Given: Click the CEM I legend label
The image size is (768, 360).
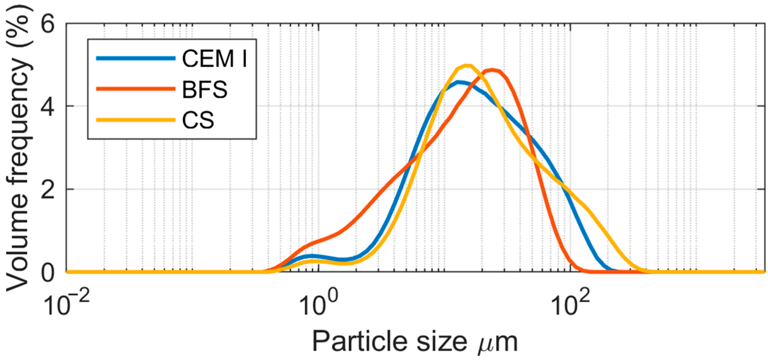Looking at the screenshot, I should coord(214,59).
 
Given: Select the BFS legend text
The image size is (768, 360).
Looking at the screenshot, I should coord(205,89).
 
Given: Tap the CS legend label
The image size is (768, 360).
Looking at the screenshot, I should coord(198,120).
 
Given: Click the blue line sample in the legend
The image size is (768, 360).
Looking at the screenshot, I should coord(136,58).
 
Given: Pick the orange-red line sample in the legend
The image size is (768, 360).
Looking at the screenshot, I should coord(136,89).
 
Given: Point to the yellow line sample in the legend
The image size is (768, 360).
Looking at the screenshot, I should coord(136,120).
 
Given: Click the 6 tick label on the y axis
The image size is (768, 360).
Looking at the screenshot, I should coord(48,24).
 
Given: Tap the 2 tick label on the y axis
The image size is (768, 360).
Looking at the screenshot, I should coord(48,190).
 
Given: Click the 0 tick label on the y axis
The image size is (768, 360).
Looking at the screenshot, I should coord(48,273).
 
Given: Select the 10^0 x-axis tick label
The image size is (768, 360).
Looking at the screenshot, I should coord(319,305).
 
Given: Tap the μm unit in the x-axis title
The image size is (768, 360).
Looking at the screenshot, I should coord(498,343).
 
